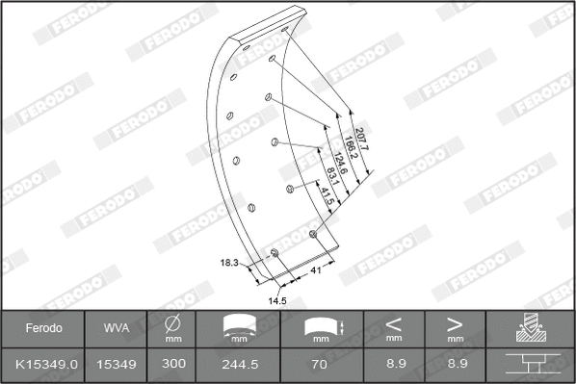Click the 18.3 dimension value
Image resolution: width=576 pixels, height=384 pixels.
tap(229, 262)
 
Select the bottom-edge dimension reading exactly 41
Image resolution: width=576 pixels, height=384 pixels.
tap(314, 271)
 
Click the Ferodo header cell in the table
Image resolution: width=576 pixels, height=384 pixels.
tap(44, 328)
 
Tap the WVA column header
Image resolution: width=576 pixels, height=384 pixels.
tap(116, 328)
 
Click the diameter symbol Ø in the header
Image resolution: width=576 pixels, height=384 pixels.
tap(173, 323)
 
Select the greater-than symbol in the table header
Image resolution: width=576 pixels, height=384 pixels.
tap(455, 324)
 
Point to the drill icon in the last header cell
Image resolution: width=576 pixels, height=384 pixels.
tap(529, 328)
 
